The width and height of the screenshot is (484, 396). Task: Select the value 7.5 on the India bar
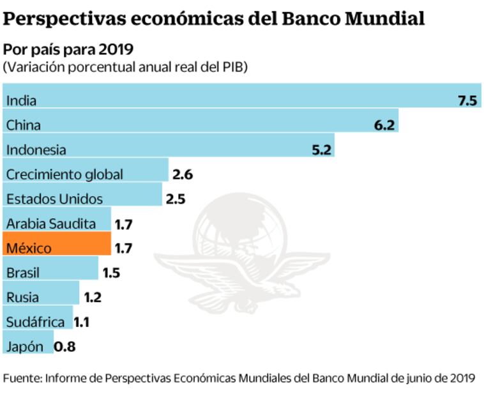(467, 100)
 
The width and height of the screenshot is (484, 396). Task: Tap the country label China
(24, 125)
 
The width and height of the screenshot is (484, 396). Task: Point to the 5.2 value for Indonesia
(321, 150)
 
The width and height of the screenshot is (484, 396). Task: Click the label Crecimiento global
(64, 174)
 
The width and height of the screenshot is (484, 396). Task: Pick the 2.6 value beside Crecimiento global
(182, 174)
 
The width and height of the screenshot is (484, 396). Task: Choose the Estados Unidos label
(54, 199)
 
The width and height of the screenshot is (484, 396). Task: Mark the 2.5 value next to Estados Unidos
(175, 199)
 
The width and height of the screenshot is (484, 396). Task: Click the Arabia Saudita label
(50, 224)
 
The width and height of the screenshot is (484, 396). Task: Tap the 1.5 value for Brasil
(111, 273)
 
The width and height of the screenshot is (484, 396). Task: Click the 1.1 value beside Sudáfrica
(81, 322)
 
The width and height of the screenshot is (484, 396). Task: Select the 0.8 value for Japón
(65, 347)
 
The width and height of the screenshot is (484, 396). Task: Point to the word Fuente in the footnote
(21, 377)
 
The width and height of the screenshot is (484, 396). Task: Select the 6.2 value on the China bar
(385, 125)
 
